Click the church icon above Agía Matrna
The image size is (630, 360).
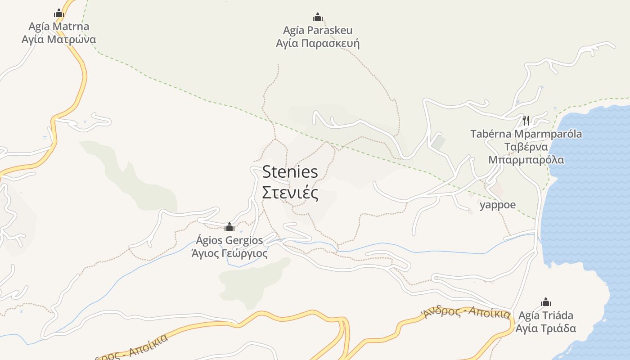pyautogui.click(x=59, y=13)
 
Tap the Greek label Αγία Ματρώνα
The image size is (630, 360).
pyautogui.click(x=59, y=39)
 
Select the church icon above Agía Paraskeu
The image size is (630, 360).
pyautogui.click(x=318, y=18)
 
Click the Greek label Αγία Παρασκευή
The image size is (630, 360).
pyautogui.click(x=318, y=44)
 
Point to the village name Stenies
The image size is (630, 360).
pyautogui.click(x=290, y=171)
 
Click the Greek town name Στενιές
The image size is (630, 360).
pyautogui.click(x=290, y=193)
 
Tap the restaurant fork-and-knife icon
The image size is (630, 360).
pyautogui.click(x=526, y=120)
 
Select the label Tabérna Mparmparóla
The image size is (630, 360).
pyautogui.click(x=526, y=134)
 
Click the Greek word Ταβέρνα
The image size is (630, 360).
pyautogui.click(x=526, y=147)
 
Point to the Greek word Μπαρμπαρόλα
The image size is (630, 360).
pyautogui.click(x=526, y=160)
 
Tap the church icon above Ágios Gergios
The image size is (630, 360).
pyautogui.click(x=229, y=227)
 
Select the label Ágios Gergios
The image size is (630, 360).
pyautogui.click(x=229, y=240)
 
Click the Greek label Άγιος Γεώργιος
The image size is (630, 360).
pyautogui.click(x=229, y=253)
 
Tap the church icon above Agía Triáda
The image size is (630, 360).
pyautogui.click(x=546, y=302)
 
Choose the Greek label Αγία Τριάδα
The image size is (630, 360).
pyautogui.click(x=546, y=328)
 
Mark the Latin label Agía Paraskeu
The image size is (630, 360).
pyautogui.click(x=318, y=31)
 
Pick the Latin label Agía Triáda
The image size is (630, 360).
pyautogui.click(x=546, y=315)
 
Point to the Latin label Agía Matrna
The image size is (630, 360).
pyautogui.click(x=59, y=26)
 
